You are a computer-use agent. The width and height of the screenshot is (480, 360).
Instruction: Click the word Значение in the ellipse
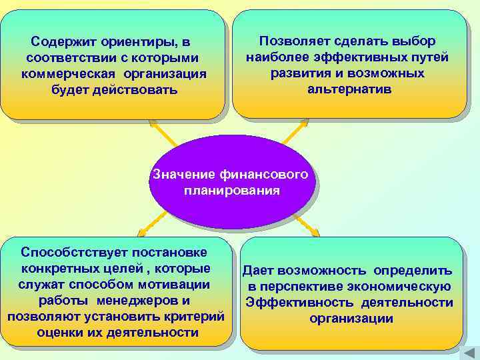183,175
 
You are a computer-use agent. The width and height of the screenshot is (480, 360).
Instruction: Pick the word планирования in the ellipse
231,191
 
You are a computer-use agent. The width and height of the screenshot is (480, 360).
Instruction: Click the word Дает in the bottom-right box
258,271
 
